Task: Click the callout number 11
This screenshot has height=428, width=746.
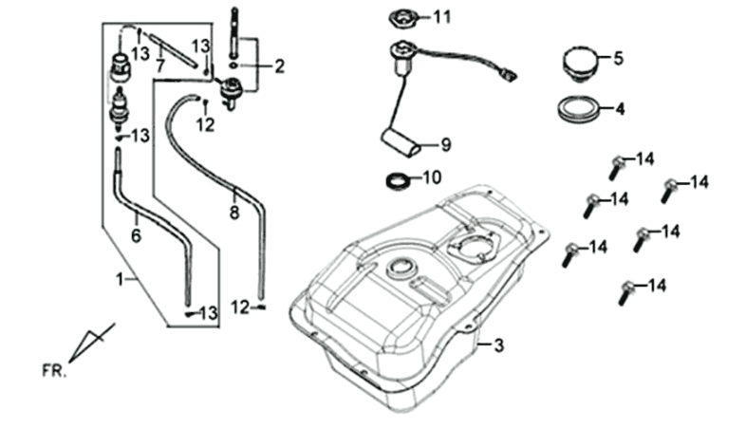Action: (444, 17)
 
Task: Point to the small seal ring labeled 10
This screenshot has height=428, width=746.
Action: (402, 178)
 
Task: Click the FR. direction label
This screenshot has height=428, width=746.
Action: (54, 368)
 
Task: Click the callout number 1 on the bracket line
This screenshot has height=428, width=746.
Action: (120, 281)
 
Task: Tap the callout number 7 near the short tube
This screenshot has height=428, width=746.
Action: (160, 65)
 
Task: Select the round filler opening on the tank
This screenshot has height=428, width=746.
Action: (401, 266)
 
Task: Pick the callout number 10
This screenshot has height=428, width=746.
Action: (432, 177)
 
